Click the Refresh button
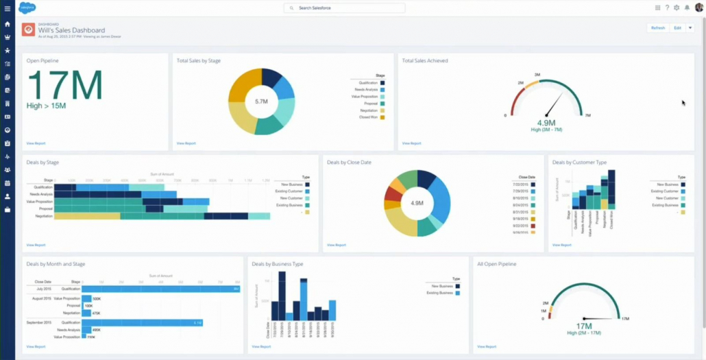[658, 28]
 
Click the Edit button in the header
[677, 28]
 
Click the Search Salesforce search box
[344, 8]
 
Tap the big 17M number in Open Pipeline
[65, 86]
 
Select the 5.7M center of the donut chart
[261, 101]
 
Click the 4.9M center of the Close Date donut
[417, 203]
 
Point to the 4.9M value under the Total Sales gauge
[546, 123]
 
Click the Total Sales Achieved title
[425, 61]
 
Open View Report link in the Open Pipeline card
[36, 143]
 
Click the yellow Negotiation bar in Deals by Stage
[87, 216]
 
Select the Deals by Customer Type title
[579, 163]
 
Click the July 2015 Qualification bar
[160, 289]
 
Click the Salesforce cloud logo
[27, 8]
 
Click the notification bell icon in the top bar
[687, 8]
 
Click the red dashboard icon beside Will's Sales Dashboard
[28, 30]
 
